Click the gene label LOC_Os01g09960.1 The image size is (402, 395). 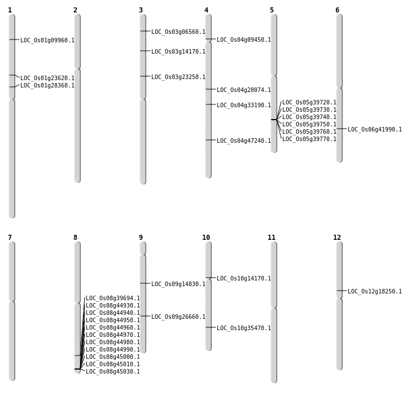tap(47, 40)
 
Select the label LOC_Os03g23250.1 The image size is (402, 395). tap(178, 77)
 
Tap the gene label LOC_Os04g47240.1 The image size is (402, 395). tap(244, 141)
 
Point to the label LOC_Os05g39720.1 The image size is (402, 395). tap(309, 102)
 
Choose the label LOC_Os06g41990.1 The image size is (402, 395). tap(375, 129)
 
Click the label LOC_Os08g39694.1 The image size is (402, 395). tap(113, 298)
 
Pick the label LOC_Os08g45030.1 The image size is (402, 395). tap(113, 371)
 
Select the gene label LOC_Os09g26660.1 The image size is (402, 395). tap(178, 317)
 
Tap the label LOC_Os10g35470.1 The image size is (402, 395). tap(244, 328)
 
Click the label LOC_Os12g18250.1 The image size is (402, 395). tap(375, 291)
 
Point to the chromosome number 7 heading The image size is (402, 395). tap(10, 238)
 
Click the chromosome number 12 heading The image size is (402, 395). tap(337, 238)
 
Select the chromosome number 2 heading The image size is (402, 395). tap(75, 10)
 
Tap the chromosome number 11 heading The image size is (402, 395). tap(272, 238)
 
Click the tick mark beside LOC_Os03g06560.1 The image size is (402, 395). tap(145, 31)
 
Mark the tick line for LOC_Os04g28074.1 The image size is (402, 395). tap(211, 89)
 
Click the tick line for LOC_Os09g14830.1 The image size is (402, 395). tap(145, 283)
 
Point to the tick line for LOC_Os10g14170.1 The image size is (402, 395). tap(211, 278)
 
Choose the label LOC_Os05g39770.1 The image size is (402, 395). tap(309, 139)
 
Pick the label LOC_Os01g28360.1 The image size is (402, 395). tap(47, 85)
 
